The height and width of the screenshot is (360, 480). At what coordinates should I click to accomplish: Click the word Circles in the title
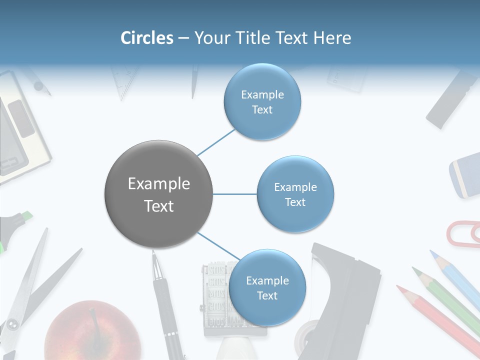tap(146, 38)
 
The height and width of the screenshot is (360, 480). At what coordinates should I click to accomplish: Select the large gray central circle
tap(159, 194)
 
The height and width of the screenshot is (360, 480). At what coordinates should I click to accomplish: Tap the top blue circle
tap(262, 102)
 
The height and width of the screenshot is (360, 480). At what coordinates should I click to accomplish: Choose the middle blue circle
tap(295, 194)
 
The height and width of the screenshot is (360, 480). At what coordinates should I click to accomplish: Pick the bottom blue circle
tap(267, 288)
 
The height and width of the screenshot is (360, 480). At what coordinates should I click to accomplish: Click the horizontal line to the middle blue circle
tap(235, 194)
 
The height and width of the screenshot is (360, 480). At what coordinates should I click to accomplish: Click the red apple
tap(92, 332)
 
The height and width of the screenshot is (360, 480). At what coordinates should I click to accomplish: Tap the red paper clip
tap(462, 233)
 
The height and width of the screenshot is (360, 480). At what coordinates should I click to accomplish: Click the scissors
tap(30, 290)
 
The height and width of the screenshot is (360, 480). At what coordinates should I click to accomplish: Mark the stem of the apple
tap(93, 320)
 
